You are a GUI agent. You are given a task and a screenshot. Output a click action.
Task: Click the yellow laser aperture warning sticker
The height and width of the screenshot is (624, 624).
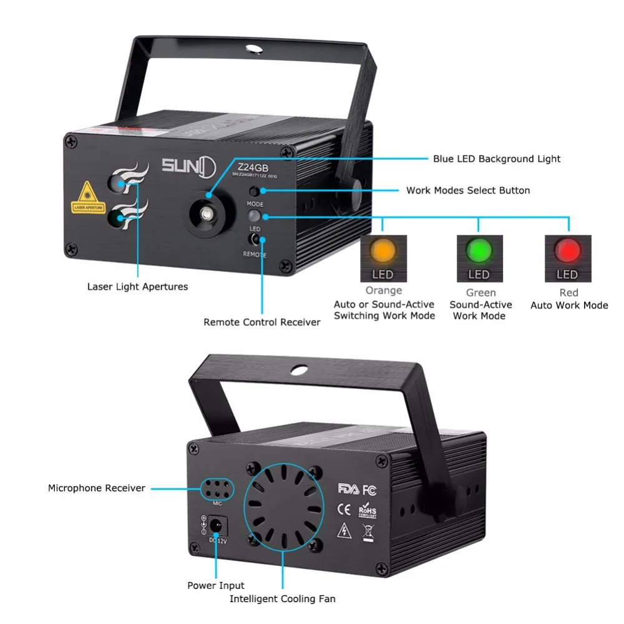(x=87, y=198)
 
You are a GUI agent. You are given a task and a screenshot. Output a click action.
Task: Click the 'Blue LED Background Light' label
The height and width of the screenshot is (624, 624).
(x=497, y=158)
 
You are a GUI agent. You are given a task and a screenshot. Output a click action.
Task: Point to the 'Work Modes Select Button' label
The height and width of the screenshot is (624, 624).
(x=468, y=190)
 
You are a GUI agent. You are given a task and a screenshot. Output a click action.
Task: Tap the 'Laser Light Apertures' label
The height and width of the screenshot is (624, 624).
(x=137, y=286)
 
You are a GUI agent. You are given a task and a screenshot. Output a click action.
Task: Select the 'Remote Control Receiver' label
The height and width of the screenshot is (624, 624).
(x=262, y=322)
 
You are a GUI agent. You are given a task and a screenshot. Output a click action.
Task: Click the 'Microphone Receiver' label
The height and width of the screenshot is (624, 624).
(x=97, y=488)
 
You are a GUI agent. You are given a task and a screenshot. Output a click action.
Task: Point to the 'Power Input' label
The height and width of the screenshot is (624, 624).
(x=216, y=585)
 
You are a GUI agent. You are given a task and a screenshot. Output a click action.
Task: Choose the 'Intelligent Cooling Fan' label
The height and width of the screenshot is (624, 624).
(x=283, y=599)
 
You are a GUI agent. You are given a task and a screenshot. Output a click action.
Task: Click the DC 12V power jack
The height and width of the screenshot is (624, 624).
(x=217, y=525)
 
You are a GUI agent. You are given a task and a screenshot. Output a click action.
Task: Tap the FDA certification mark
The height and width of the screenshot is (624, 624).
(x=348, y=488)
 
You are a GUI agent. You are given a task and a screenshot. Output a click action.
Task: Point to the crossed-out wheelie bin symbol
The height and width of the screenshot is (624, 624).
(x=368, y=532)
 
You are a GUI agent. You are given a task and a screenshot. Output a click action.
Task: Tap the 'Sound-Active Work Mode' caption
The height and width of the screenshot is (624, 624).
(x=480, y=310)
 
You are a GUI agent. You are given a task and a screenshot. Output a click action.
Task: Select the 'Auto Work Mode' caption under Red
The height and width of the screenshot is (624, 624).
(x=569, y=305)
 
